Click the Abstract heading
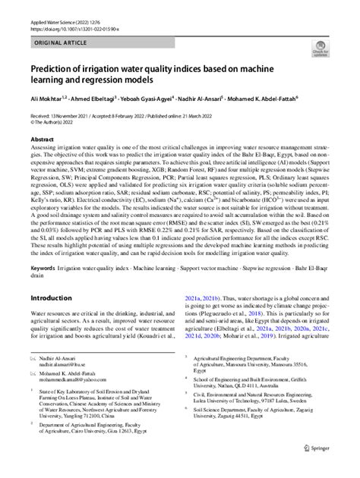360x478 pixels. pyautogui.click(x=41, y=140)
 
